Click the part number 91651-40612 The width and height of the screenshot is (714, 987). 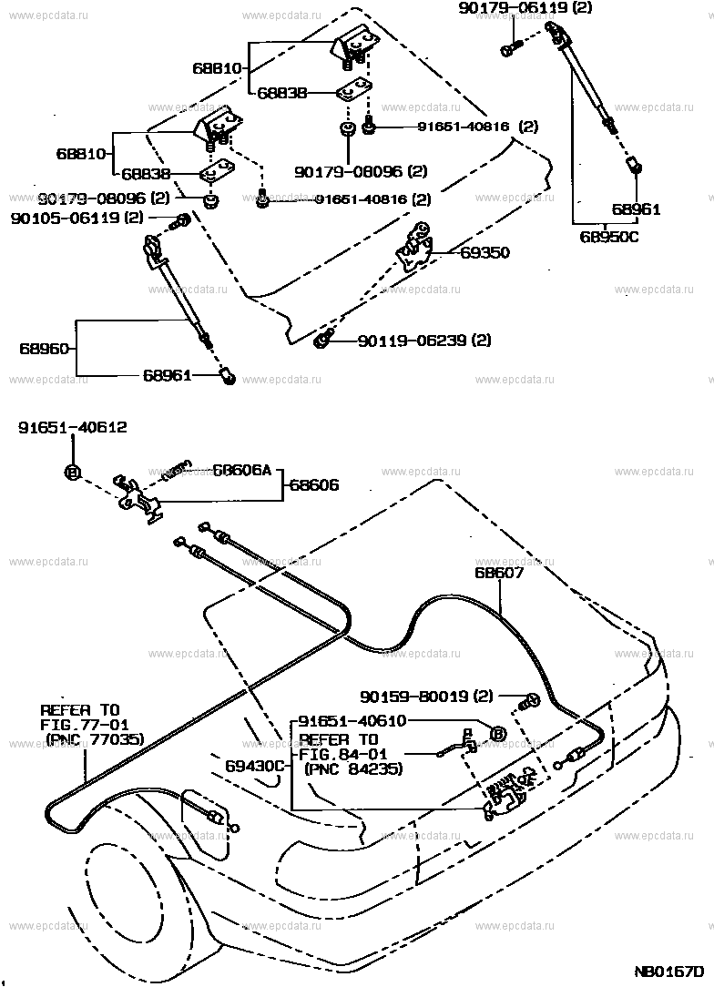pyautogui.click(x=73, y=426)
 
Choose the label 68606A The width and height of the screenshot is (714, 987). pyautogui.click(x=242, y=471)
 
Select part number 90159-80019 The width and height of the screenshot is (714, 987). pyautogui.click(x=423, y=697)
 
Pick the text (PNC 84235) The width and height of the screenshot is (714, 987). pyautogui.click(x=351, y=769)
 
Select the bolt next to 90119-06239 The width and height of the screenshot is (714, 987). pyautogui.click(x=321, y=341)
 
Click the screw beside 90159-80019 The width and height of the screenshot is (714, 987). pyautogui.click(x=529, y=701)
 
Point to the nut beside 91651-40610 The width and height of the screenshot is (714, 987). pyautogui.click(x=498, y=733)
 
